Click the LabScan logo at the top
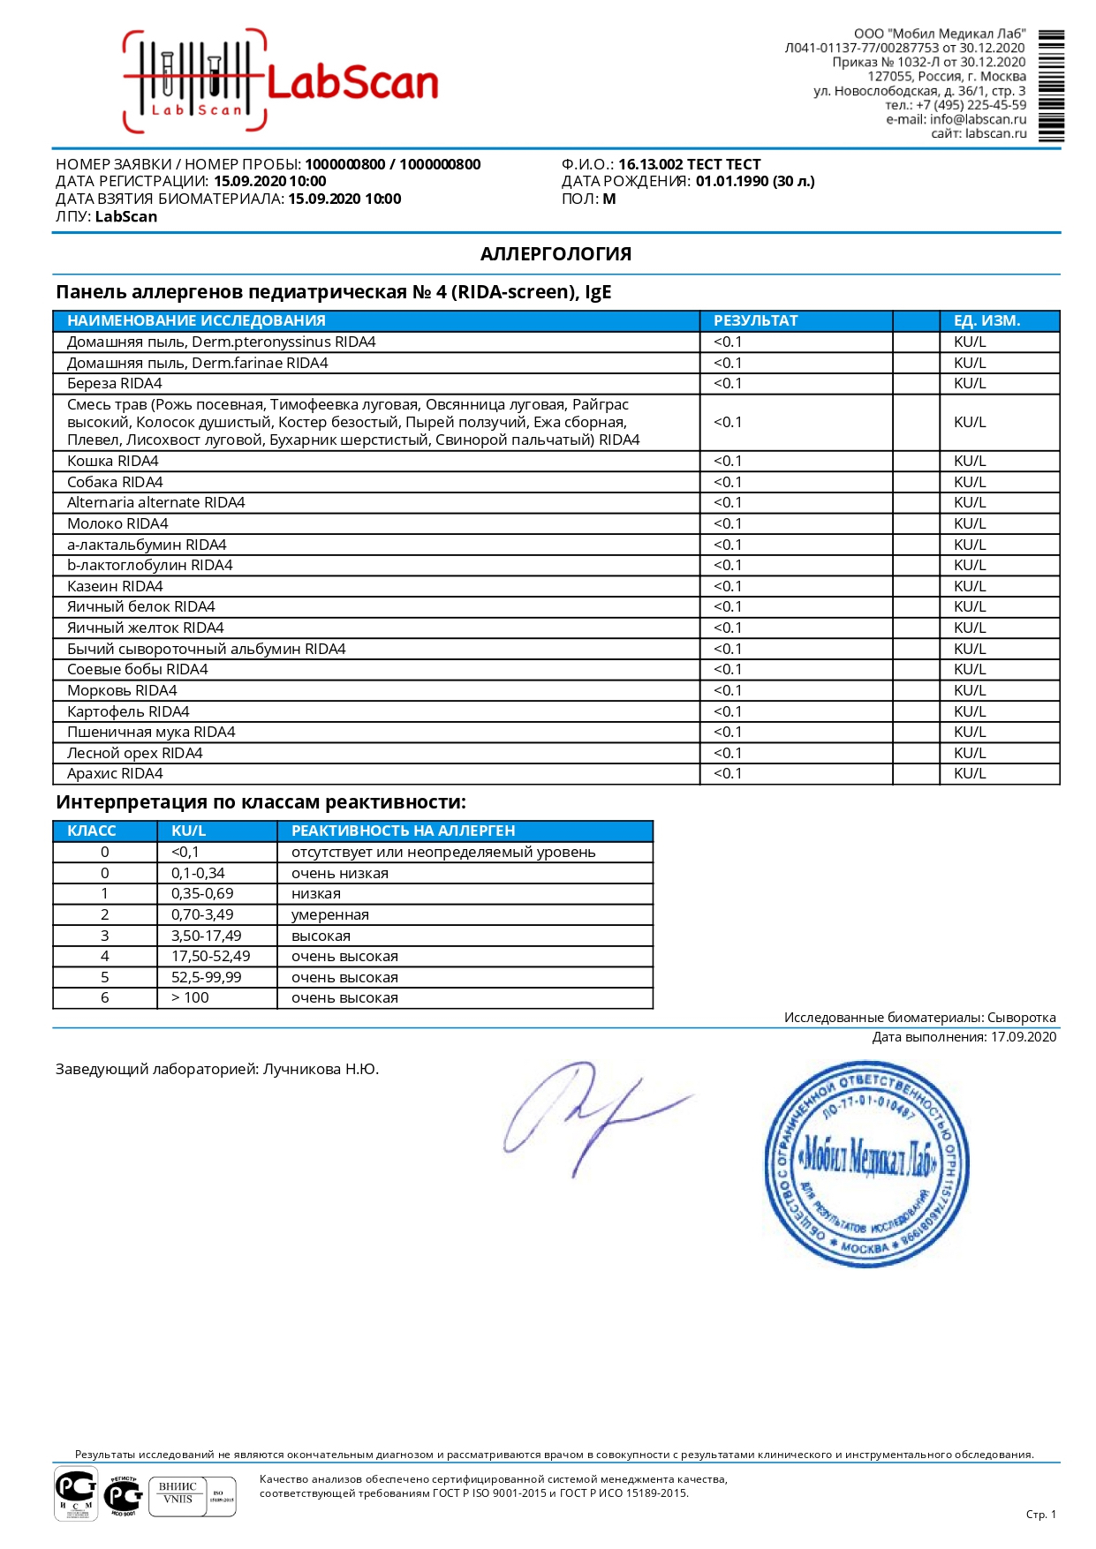[281, 82]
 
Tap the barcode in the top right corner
[1050, 86]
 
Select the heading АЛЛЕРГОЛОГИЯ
[556, 254]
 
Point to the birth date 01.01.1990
[731, 182]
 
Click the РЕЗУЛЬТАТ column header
[755, 320]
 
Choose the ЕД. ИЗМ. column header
[986, 320]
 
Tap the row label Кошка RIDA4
[113, 462]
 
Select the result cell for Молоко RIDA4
[728, 524]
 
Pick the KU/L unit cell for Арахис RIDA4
[970, 774]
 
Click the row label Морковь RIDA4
[122, 691]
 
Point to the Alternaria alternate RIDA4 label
[156, 503]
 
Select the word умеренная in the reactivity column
[330, 915]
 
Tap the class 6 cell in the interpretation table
[105, 998]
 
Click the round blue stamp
[866, 1164]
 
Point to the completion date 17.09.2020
[1023, 1037]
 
